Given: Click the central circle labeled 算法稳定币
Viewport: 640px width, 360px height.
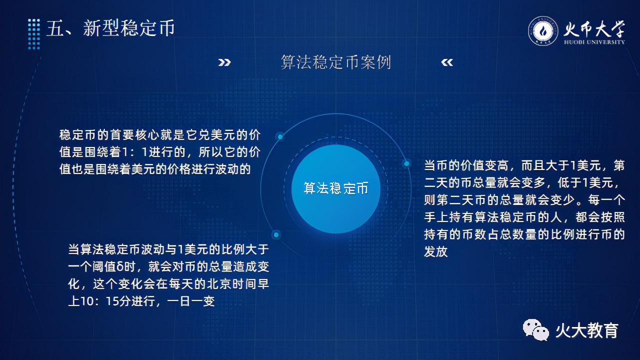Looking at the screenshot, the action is [x=335, y=188].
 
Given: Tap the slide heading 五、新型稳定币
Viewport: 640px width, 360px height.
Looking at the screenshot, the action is [x=110, y=28].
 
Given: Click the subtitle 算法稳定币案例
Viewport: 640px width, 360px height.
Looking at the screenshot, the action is [x=335, y=62].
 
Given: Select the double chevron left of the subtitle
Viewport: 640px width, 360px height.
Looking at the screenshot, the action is [x=224, y=62].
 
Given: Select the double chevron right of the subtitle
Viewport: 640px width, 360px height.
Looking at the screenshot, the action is [x=447, y=62].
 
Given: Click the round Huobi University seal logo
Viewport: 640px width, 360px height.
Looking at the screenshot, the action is [x=543, y=31].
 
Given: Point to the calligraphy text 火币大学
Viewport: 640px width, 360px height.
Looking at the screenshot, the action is [x=594, y=29].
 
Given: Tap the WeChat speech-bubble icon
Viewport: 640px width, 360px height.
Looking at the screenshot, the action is [x=535, y=330].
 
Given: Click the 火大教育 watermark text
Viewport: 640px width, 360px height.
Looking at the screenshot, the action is [x=587, y=330].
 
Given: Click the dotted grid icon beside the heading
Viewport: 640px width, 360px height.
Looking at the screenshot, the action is [x=34, y=34].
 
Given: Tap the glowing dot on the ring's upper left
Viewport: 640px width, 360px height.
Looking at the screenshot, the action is [x=280, y=136].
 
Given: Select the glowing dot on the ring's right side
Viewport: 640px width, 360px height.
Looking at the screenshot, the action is [x=406, y=163].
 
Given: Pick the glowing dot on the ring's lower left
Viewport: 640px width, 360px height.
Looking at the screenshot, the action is [x=276, y=235].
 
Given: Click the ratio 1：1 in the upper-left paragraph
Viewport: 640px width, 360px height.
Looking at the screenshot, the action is [x=134, y=152].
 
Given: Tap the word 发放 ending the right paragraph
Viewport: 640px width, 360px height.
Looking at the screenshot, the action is [x=435, y=251].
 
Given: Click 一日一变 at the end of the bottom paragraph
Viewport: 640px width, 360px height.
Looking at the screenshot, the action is [x=191, y=301].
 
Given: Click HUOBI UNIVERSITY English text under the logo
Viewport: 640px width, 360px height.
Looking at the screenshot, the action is [x=594, y=42].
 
